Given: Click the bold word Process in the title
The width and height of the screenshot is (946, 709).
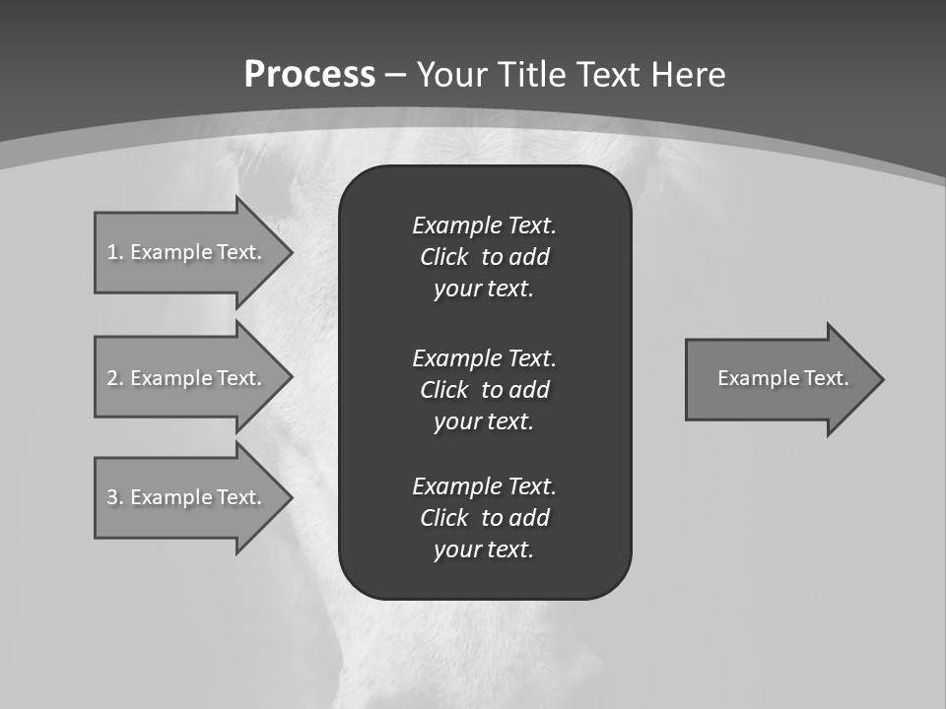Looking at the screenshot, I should [309, 75].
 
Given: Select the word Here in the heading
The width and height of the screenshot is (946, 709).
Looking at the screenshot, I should [686, 75].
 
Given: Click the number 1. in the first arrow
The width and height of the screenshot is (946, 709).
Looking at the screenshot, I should [114, 252].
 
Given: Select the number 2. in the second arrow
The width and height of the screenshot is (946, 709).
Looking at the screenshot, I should [114, 378].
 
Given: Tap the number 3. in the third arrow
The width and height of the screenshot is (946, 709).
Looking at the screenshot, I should [114, 497].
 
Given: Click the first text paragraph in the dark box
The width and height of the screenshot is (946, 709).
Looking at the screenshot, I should [484, 257].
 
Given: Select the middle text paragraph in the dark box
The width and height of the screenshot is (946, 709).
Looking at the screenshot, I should [484, 389].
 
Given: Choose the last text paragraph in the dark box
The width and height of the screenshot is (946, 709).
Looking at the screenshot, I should [484, 518].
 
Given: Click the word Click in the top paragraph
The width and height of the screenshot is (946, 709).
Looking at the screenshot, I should [444, 257].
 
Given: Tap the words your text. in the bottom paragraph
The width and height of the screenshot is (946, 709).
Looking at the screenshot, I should [484, 549].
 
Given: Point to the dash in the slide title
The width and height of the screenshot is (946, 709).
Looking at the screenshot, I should [396, 75].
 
